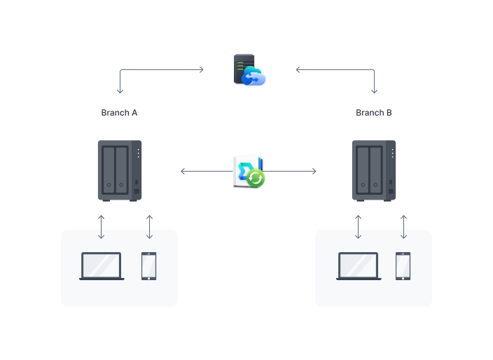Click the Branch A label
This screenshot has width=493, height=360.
pos(119,113)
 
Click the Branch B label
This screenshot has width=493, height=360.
pos(374,113)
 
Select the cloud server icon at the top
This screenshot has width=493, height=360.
pos(249,71)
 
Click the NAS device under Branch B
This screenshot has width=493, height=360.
pos(374,171)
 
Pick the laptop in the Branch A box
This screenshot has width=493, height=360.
pos(102,266)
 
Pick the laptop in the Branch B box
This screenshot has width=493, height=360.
pos(359,266)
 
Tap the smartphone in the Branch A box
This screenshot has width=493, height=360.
pos(149,266)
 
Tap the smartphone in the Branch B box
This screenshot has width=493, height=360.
pos(403,266)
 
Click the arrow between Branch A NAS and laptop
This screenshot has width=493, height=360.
pos(102,227)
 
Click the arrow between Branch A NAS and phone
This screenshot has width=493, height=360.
pos(149,227)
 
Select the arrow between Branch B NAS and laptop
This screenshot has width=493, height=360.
pos(359,227)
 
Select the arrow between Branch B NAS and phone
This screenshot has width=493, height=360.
pos(403,227)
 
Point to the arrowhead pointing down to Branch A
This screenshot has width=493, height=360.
pos(120,91)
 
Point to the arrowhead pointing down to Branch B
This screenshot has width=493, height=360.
pos(374,91)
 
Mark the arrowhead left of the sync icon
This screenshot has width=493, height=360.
pos(183,171)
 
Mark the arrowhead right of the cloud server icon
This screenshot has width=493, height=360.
pos(298,69)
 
